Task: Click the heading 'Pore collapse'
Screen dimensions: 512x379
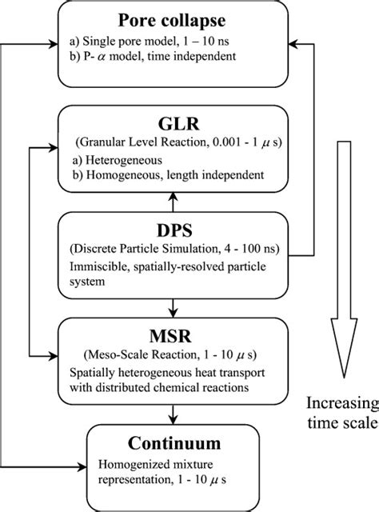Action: (x=166, y=20)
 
